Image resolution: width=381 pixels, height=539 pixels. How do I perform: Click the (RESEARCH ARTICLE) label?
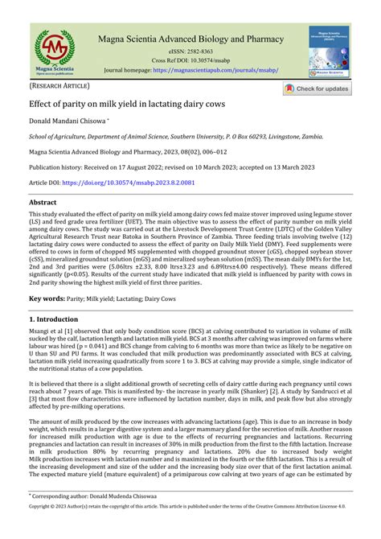(x=59, y=85)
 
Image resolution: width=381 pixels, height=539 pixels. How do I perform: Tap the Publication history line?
(x=160, y=168)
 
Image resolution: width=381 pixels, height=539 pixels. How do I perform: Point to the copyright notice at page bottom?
(x=190, y=532)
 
